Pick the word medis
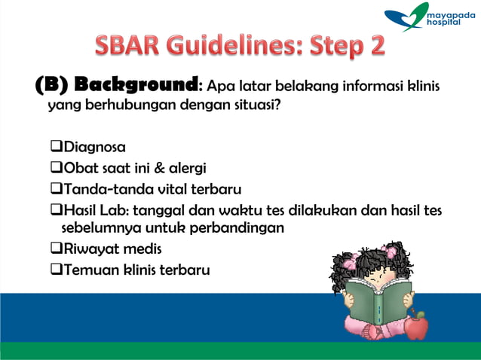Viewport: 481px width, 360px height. click(143, 249)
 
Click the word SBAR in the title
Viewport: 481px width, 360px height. click(133, 46)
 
